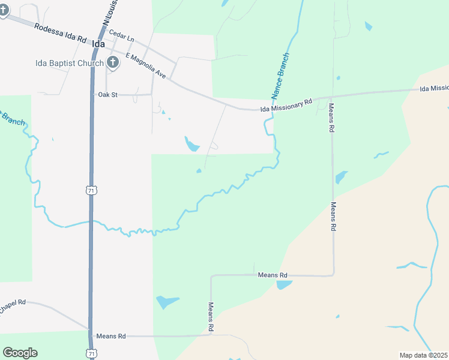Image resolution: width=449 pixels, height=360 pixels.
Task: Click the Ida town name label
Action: (x=98, y=44)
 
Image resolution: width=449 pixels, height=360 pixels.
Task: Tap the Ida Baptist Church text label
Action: (x=69, y=62)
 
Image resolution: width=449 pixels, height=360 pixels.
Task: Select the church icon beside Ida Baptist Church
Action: (x=112, y=62)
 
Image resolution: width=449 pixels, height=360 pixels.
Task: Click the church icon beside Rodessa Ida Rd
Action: (x=3, y=11)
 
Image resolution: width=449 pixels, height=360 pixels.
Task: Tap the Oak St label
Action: (x=109, y=95)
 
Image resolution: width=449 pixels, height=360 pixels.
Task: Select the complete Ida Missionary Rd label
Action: (x=286, y=106)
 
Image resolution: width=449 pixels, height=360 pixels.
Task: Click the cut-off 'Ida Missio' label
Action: (x=434, y=89)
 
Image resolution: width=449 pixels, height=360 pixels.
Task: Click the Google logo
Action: (x=20, y=353)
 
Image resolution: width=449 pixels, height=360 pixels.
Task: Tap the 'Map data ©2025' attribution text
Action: (x=424, y=355)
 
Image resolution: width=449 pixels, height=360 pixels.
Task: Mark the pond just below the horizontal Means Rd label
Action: (x=283, y=284)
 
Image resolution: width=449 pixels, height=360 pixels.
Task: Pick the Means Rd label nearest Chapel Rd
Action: (x=112, y=337)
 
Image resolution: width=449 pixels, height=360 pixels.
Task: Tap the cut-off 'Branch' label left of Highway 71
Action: (x=12, y=118)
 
